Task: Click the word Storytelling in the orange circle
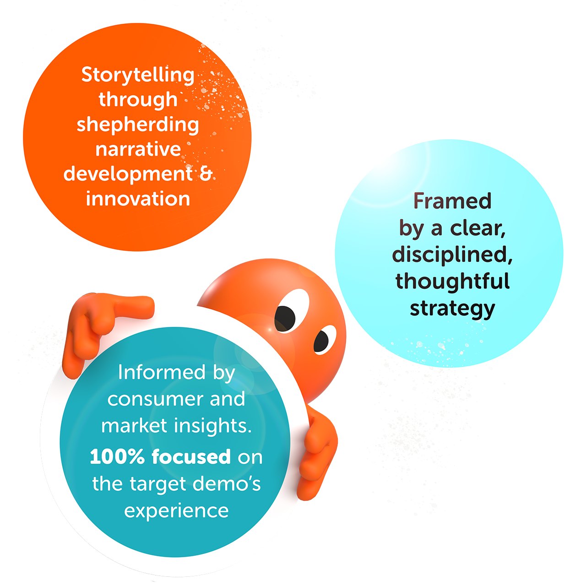tap(137, 75)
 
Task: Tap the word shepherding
tap(137, 125)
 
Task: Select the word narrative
tap(138, 149)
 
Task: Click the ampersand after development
tap(206, 174)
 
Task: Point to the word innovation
tap(138, 199)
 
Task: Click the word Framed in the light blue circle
tap(452, 201)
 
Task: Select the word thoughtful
tap(452, 281)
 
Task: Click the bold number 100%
tap(117, 457)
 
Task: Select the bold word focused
tap(191, 457)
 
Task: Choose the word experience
tap(176, 510)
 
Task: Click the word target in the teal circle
tap(152, 484)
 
